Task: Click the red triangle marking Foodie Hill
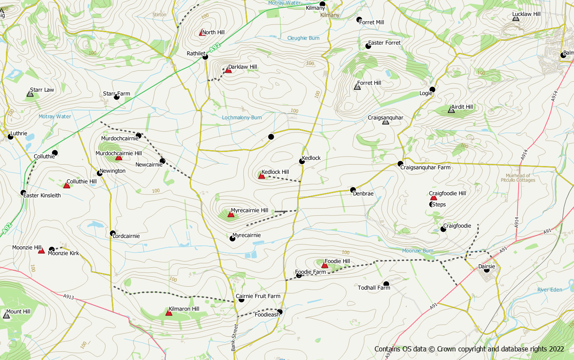point(325,266)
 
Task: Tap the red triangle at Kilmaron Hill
point(169,313)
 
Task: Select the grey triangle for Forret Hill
point(357,87)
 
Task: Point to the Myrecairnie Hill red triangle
point(231,214)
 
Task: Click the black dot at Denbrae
point(353,190)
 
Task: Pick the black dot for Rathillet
point(205,57)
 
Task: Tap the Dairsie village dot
point(486,269)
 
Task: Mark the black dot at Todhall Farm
point(386,284)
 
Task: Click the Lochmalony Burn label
point(242,118)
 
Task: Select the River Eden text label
point(550,290)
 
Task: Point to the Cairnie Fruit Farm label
point(258,296)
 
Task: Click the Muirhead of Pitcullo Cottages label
point(518,178)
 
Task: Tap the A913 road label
point(68,296)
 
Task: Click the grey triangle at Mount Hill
point(6,315)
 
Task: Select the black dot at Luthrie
point(10,137)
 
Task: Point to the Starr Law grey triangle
point(30,94)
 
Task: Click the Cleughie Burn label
point(303,38)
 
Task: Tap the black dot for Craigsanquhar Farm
point(400,163)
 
